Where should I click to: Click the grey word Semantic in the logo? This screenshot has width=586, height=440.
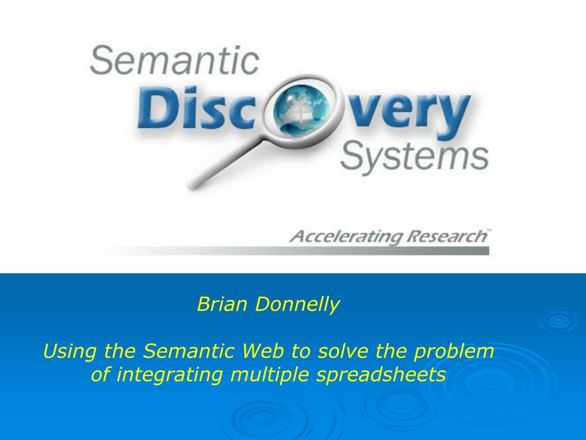pyautogui.click(x=174, y=60)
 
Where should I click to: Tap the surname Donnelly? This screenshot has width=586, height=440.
pyautogui.click(x=297, y=305)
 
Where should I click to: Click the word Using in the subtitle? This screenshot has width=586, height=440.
pyautogui.click(x=70, y=352)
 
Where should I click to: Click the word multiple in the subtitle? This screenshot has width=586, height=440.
pyautogui.click(x=270, y=375)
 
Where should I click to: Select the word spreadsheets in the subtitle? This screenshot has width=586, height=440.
pyautogui.click(x=381, y=375)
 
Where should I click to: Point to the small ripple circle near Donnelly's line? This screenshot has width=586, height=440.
pyautogui.click(x=559, y=321)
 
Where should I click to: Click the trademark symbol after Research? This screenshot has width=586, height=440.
pyautogui.click(x=489, y=230)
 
